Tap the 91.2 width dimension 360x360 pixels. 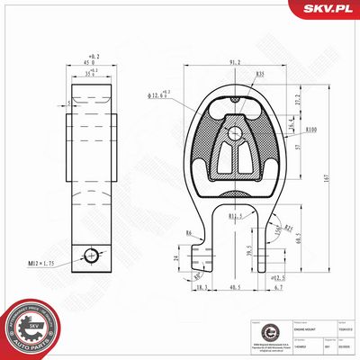point(235,62)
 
